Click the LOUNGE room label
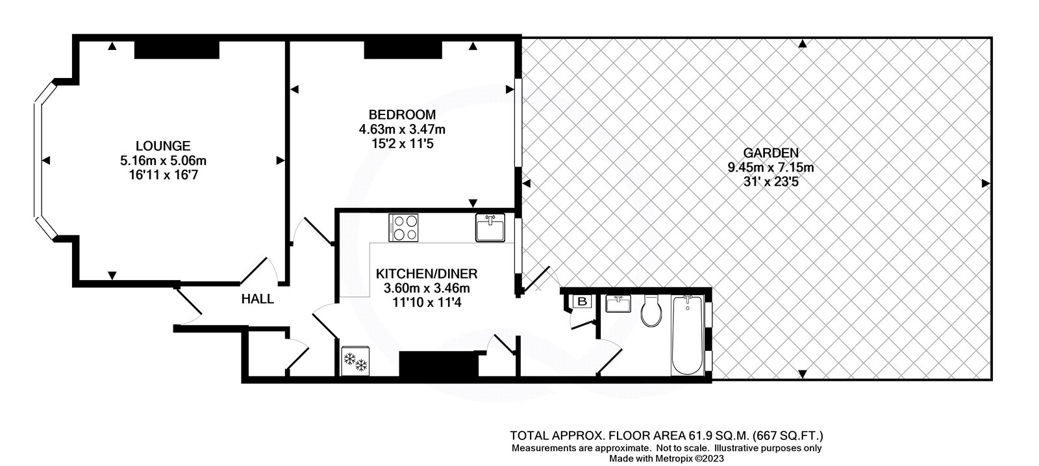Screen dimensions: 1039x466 [163, 146]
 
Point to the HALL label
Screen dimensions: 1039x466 [257, 300]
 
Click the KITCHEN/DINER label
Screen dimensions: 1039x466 [427, 274]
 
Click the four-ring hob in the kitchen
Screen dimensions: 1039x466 [403, 227]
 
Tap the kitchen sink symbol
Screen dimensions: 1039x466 [490, 227]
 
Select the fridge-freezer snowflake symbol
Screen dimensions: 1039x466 [355, 361]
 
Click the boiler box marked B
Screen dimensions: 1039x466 [582, 302]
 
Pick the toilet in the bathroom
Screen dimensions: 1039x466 [651, 311]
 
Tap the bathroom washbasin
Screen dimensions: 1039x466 [618, 304]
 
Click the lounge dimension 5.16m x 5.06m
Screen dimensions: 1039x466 [163, 161]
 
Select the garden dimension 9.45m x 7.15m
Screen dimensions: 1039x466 [771, 168]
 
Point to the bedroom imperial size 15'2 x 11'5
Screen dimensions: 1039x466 [403, 144]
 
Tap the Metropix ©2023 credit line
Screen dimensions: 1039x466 [666, 459]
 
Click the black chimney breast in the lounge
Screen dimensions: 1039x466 [177, 49]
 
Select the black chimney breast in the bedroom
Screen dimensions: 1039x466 [403, 49]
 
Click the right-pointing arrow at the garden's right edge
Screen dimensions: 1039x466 [986, 184]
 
